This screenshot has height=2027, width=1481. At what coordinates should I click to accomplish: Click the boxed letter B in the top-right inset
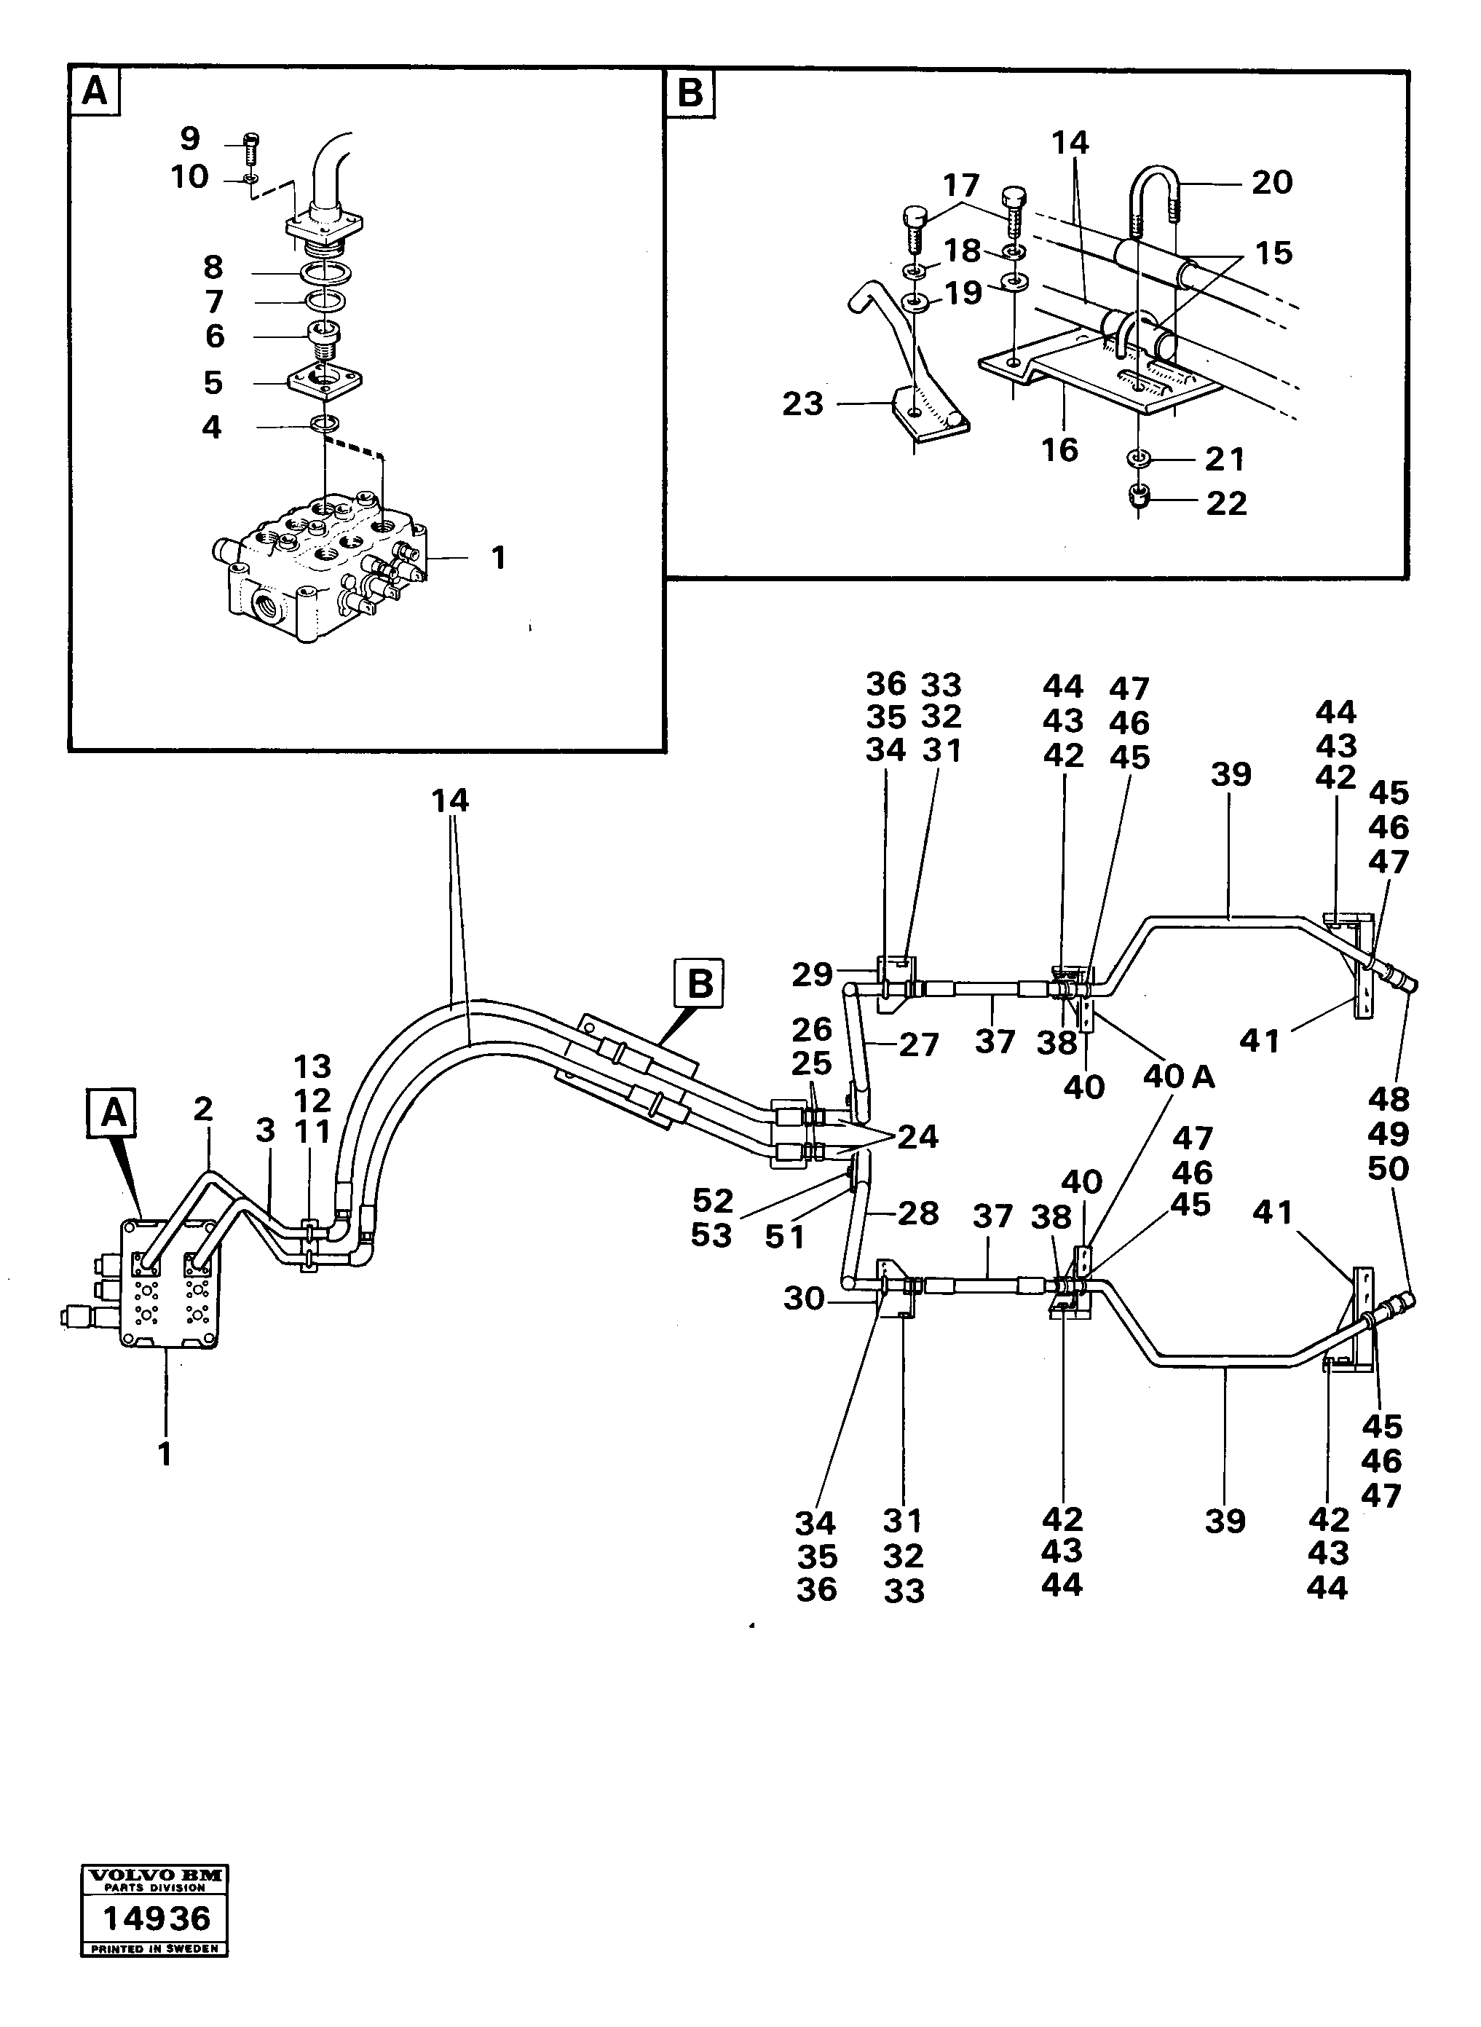(x=690, y=93)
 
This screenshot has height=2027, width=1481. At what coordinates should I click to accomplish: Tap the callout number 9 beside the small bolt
(x=189, y=139)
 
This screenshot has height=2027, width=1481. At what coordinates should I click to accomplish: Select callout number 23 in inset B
(x=802, y=404)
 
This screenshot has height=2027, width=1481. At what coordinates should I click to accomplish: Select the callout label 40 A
(x=1178, y=1077)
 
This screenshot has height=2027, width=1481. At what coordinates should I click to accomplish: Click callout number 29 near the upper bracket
(x=811, y=974)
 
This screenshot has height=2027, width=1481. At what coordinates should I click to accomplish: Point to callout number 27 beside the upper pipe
(x=918, y=1044)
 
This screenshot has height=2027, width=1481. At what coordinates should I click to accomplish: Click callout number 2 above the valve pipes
(x=203, y=1109)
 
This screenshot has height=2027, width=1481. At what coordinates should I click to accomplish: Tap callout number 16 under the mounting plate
(x=1059, y=449)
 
